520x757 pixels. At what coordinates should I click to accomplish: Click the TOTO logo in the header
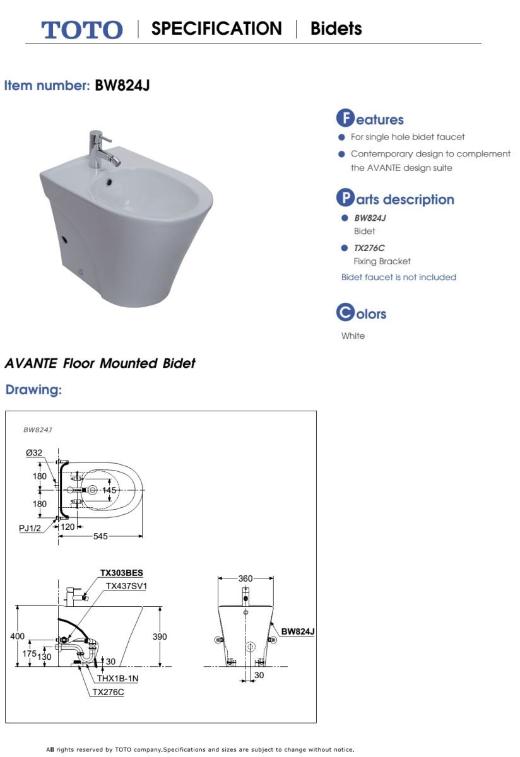82,30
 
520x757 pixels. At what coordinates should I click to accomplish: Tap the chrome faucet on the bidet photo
97,148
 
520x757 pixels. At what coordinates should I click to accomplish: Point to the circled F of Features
345,119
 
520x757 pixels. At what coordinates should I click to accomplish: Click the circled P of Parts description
345,199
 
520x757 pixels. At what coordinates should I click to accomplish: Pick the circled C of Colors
345,313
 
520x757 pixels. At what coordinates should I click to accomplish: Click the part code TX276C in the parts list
369,248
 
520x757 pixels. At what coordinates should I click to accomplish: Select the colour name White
353,336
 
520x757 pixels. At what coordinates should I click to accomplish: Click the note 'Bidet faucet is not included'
398,277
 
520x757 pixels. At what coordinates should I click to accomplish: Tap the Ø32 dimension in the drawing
34,452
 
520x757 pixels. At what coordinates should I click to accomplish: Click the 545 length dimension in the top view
101,536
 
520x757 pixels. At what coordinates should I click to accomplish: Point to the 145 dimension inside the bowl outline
110,490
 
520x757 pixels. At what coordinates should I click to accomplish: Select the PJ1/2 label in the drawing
30,528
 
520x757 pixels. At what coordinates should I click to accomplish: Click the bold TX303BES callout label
122,573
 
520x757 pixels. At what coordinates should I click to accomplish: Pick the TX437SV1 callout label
126,586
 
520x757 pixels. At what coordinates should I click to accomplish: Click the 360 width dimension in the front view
246,578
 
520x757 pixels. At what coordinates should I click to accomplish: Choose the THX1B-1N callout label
117,678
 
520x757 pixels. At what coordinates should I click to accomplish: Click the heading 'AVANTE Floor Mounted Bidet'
100,363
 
